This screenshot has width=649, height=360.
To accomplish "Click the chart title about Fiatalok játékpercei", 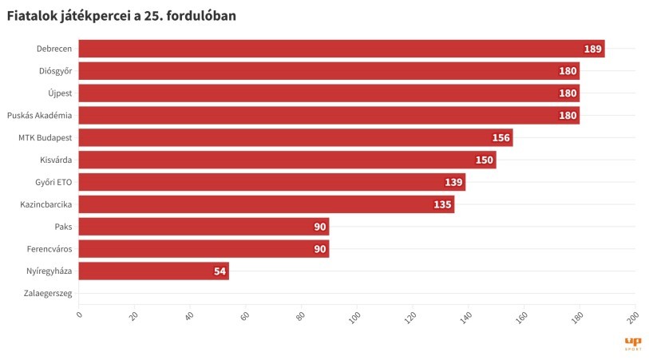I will [x=121, y=15].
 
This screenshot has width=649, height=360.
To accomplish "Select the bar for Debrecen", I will [x=341, y=49].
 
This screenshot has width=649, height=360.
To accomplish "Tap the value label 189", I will [x=592, y=49].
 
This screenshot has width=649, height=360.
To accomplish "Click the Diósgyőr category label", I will [x=55, y=71].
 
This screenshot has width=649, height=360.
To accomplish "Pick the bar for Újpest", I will [x=328, y=93].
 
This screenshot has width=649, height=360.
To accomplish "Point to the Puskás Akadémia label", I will [x=39, y=116].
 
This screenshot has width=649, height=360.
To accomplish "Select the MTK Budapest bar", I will [x=295, y=137].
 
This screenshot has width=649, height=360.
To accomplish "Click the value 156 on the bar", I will [x=501, y=137].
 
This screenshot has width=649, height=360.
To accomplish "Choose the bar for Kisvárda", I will [x=287, y=160].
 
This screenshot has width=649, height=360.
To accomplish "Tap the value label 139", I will [x=453, y=182].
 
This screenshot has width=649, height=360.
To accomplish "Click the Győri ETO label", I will [x=53, y=182].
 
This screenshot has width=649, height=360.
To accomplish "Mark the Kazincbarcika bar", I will [x=266, y=204].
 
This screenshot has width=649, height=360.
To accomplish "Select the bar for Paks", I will [x=204, y=227].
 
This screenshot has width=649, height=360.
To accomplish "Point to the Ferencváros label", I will [x=49, y=249].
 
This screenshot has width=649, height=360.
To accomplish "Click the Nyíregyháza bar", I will [x=153, y=271].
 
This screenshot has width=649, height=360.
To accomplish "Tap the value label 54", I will [x=220, y=271].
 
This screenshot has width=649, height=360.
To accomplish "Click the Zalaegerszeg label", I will [x=49, y=294].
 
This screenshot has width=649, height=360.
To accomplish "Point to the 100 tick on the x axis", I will [x=355, y=318].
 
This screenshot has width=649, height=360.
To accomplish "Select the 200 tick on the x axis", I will [x=632, y=318].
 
